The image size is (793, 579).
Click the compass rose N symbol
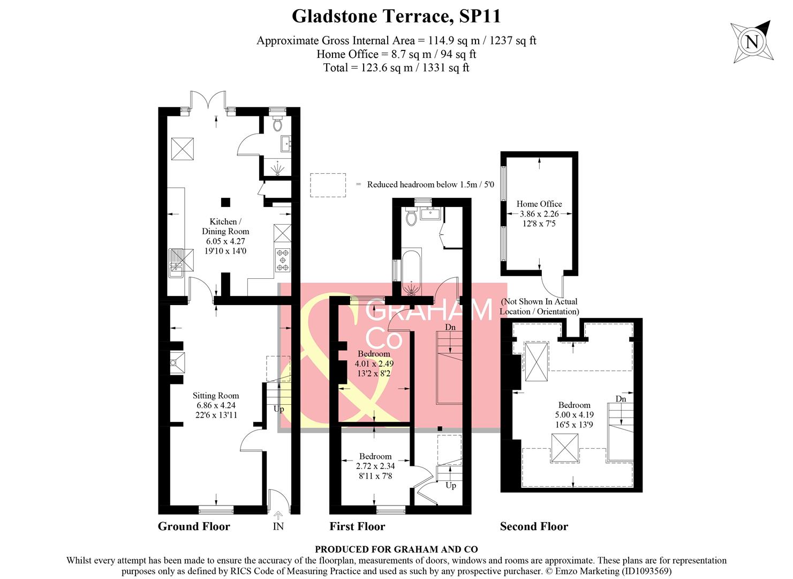752,42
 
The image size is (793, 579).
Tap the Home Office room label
539,204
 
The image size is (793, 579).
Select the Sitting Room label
216,396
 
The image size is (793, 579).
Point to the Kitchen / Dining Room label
225,226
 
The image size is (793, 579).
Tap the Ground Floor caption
194,526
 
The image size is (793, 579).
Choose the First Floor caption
357,526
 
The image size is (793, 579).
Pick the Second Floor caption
534,526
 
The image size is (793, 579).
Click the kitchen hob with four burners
282,260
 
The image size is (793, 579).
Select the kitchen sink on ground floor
176,263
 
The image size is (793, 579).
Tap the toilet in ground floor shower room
277,125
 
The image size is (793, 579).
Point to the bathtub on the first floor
411,272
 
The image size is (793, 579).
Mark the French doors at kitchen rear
208,101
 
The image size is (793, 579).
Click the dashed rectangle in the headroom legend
328,184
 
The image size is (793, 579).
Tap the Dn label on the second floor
621,399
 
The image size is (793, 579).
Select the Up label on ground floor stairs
279,409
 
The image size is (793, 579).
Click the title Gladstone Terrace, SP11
396,16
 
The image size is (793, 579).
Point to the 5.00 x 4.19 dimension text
574,415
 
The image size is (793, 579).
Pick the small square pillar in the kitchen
226,202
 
